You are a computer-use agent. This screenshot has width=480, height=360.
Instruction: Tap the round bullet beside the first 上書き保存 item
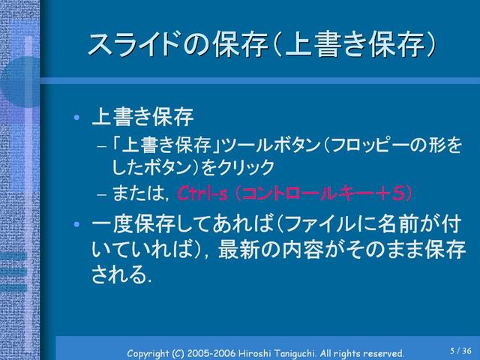click(x=76, y=117)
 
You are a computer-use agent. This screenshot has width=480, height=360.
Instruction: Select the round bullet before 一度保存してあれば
click(x=76, y=224)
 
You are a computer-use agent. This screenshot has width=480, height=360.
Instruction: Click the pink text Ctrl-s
click(x=202, y=193)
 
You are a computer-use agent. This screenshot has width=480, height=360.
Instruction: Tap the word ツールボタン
click(x=271, y=145)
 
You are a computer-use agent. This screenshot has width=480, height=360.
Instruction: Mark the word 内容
click(x=303, y=250)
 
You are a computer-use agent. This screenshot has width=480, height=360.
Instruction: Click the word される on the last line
click(x=118, y=274)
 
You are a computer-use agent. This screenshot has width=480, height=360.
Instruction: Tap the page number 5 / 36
click(x=460, y=350)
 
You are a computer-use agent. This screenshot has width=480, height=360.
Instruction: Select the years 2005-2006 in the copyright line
click(x=211, y=353)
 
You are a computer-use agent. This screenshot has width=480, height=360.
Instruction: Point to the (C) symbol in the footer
click(x=178, y=353)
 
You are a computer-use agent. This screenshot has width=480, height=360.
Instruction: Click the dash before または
click(x=102, y=194)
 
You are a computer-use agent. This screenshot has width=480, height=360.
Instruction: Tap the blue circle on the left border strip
click(x=20, y=82)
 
